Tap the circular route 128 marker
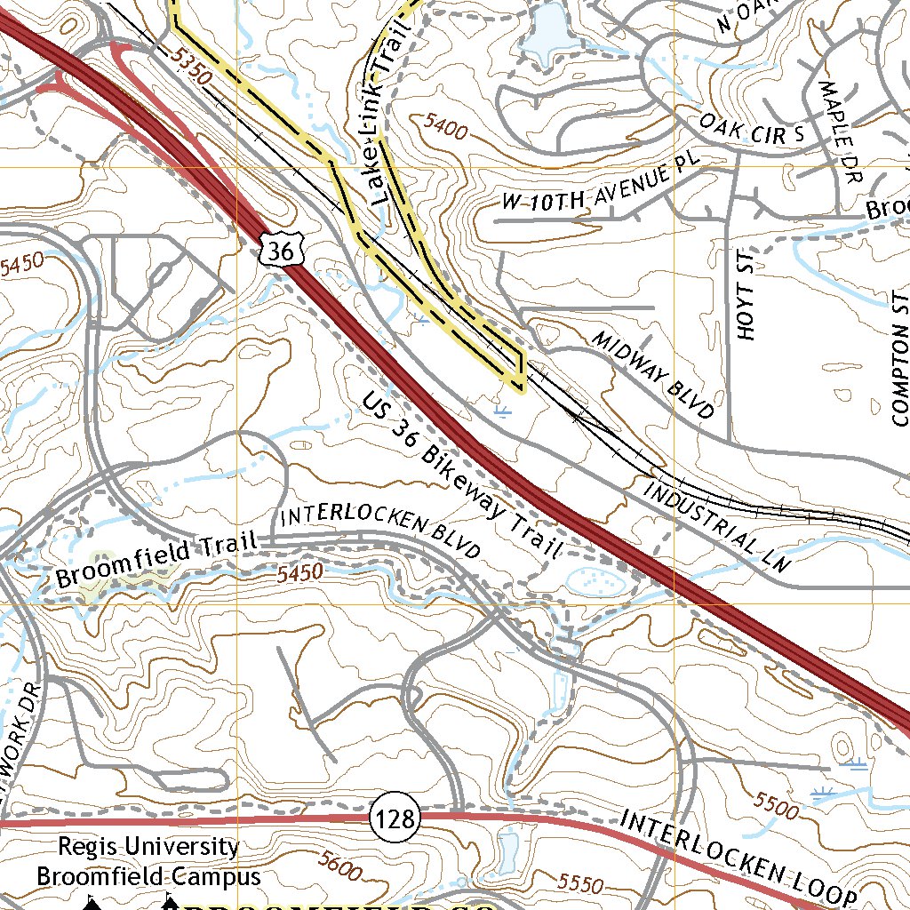[395, 818]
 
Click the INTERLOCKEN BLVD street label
[379, 533]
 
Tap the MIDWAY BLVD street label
[653, 375]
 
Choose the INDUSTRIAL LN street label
[716, 527]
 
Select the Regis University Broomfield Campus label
[148, 862]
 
